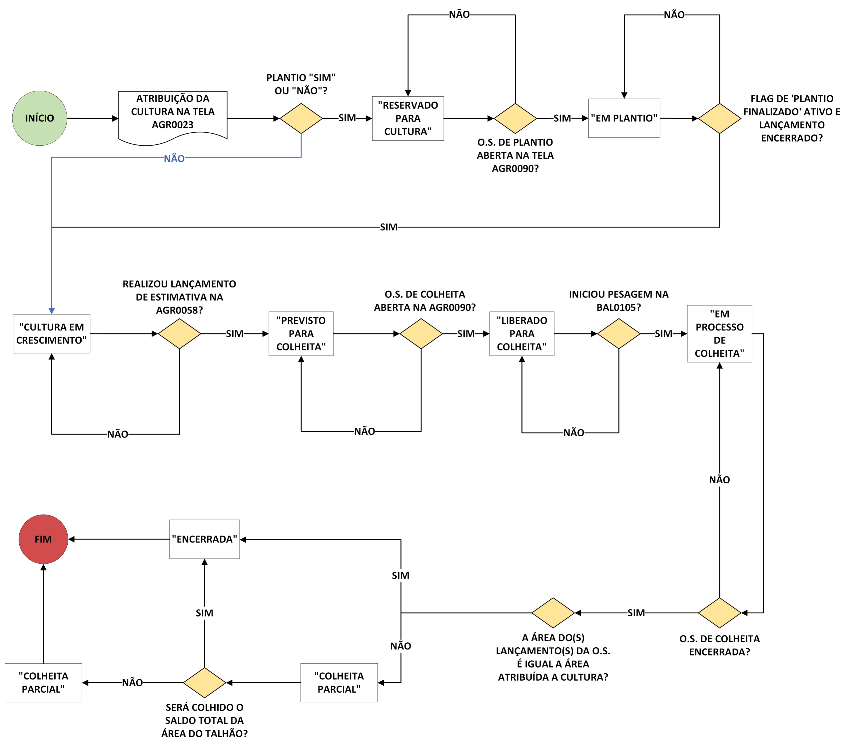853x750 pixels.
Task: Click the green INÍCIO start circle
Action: click(40, 118)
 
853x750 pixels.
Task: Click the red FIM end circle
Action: click(43, 539)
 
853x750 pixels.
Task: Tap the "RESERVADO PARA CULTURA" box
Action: click(408, 119)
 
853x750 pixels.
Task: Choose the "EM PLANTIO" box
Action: click(624, 118)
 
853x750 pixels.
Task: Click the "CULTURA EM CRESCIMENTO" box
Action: click(51, 334)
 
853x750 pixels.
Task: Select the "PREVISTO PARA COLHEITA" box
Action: click(301, 334)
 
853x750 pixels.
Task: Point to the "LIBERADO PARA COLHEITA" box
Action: click(522, 334)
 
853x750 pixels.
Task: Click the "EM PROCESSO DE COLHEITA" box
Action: click(719, 334)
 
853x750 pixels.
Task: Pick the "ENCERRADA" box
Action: click(205, 539)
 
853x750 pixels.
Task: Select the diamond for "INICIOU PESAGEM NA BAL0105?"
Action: click(618, 334)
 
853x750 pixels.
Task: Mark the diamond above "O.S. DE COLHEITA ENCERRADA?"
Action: click(719, 613)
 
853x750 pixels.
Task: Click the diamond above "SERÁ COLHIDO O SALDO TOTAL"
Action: click(205, 682)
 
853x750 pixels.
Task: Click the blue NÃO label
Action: click(174, 159)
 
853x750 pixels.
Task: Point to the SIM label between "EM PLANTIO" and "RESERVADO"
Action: click(562, 118)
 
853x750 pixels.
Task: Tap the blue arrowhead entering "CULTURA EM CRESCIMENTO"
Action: click(52, 311)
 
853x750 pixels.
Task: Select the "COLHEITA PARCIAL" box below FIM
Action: click(43, 682)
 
